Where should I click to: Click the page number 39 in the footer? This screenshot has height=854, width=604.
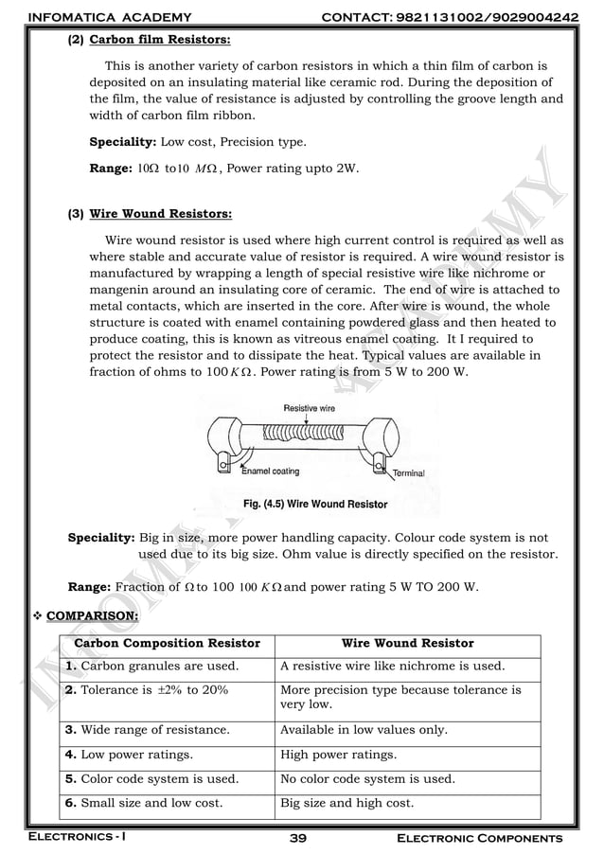pyautogui.click(x=301, y=839)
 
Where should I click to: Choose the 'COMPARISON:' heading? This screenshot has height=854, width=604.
pyautogui.click(x=92, y=616)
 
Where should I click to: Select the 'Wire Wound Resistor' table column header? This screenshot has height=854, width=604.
pyautogui.click(x=407, y=644)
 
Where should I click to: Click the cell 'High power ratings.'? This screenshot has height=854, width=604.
pyautogui.click(x=339, y=755)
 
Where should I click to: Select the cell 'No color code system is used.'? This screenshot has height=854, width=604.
pyautogui.click(x=367, y=779)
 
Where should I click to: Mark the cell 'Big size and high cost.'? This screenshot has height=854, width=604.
pyautogui.click(x=346, y=804)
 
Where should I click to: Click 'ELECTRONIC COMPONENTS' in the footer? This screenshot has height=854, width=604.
pyautogui.click(x=479, y=839)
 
